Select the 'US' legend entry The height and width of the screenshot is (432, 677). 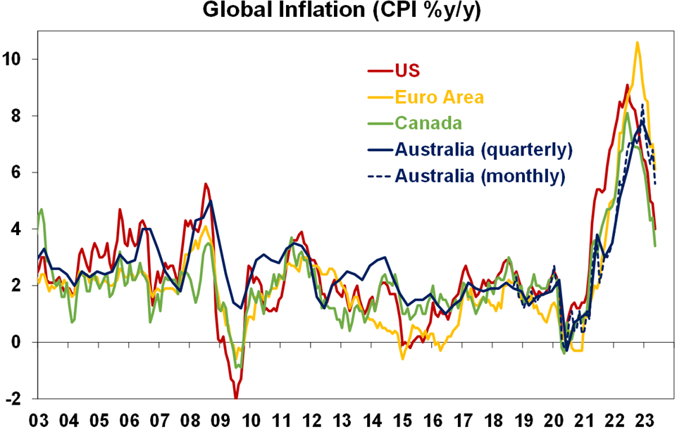coord(407,70)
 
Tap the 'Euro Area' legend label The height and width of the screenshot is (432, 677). coord(439,96)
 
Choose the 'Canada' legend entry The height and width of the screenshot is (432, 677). coord(428,123)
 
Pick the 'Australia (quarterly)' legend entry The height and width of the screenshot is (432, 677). coord(483,149)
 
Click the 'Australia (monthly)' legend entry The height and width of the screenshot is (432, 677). coord(480,176)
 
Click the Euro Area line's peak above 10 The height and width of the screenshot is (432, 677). coord(637,42)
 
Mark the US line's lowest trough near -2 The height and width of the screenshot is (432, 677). coord(236,398)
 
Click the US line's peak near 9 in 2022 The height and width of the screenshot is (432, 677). coord(627,85)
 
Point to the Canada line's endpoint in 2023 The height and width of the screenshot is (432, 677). coord(656,246)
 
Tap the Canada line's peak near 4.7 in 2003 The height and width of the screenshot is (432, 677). coord(42,209)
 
